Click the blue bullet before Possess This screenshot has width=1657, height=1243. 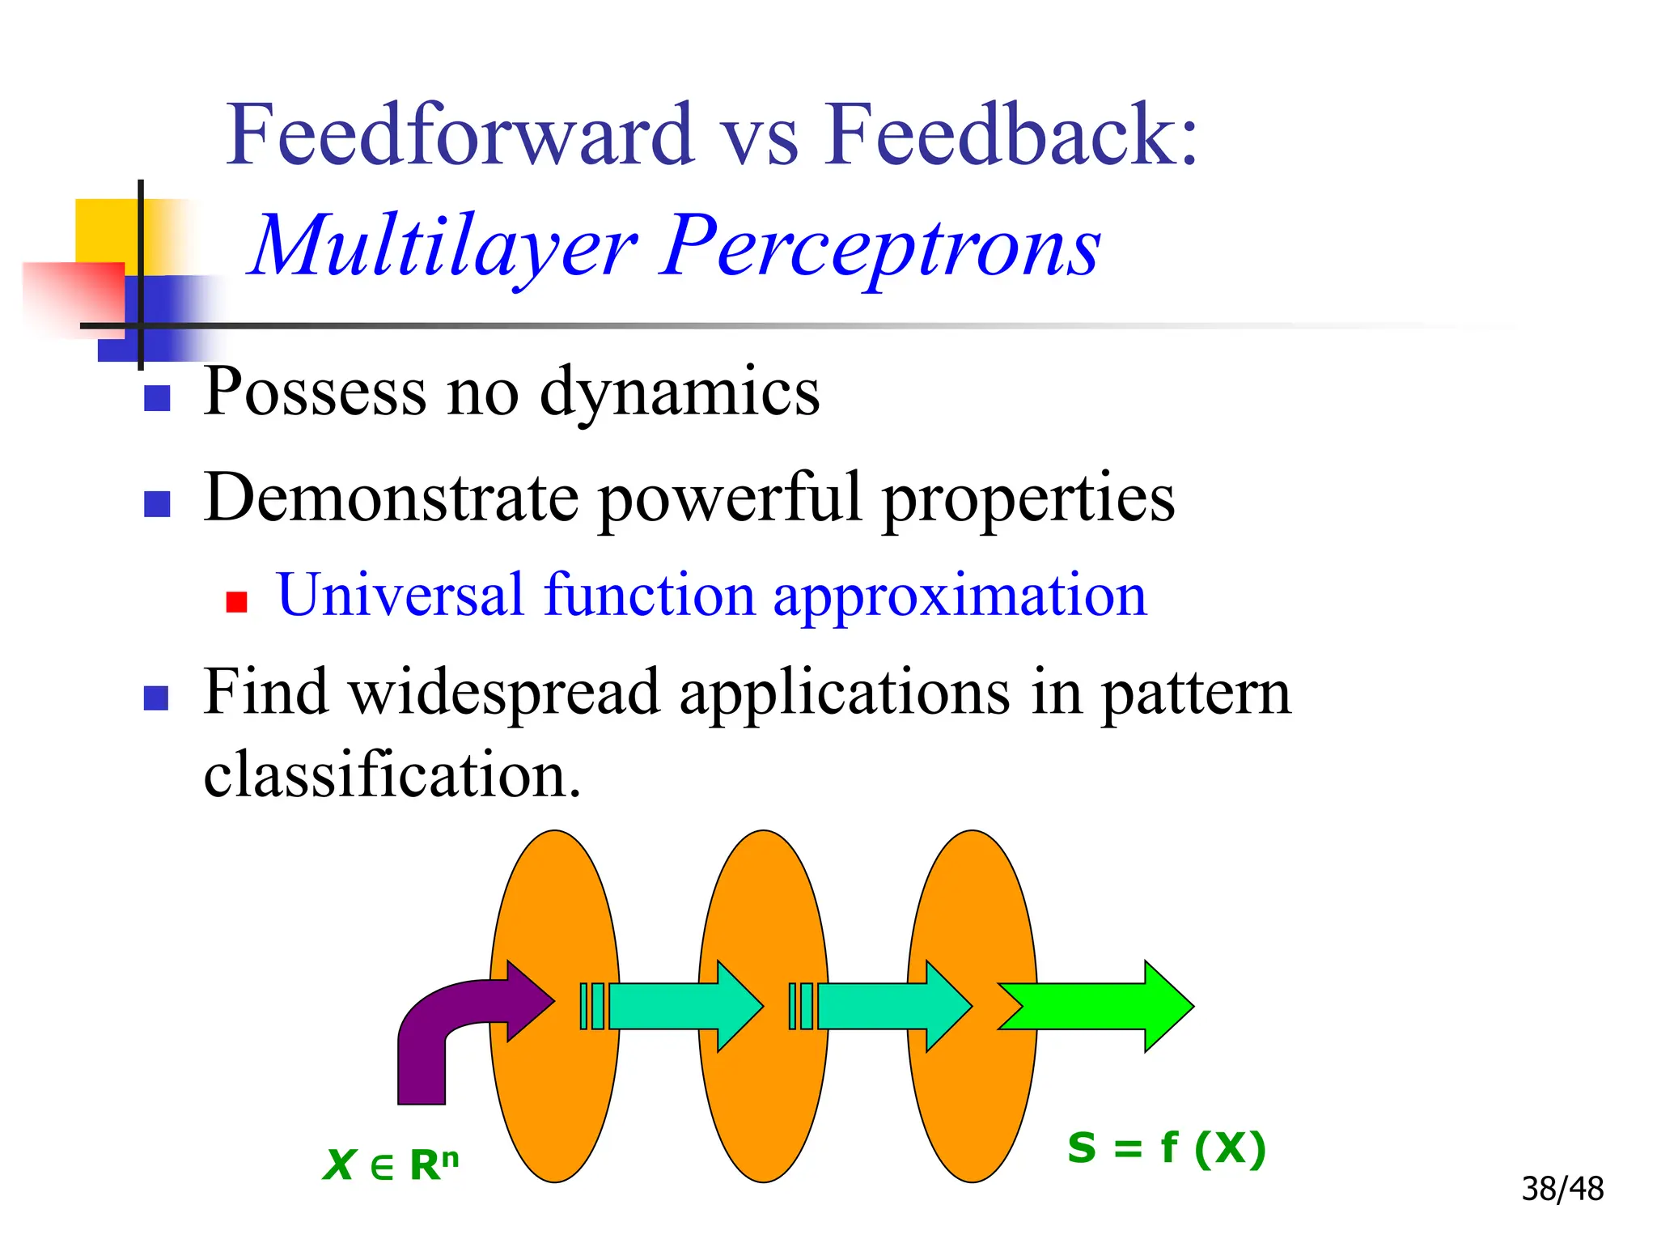pyautogui.click(x=157, y=398)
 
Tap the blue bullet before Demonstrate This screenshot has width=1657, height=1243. pyautogui.click(x=157, y=504)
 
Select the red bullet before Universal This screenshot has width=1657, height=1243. pyautogui.click(x=236, y=602)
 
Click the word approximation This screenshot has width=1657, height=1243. pyautogui.click(x=960, y=596)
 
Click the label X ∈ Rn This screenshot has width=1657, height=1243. pyautogui.click(x=390, y=1165)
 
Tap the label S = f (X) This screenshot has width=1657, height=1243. pyautogui.click(x=1165, y=1148)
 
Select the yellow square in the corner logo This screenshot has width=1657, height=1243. pyautogui.click(x=105, y=231)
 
